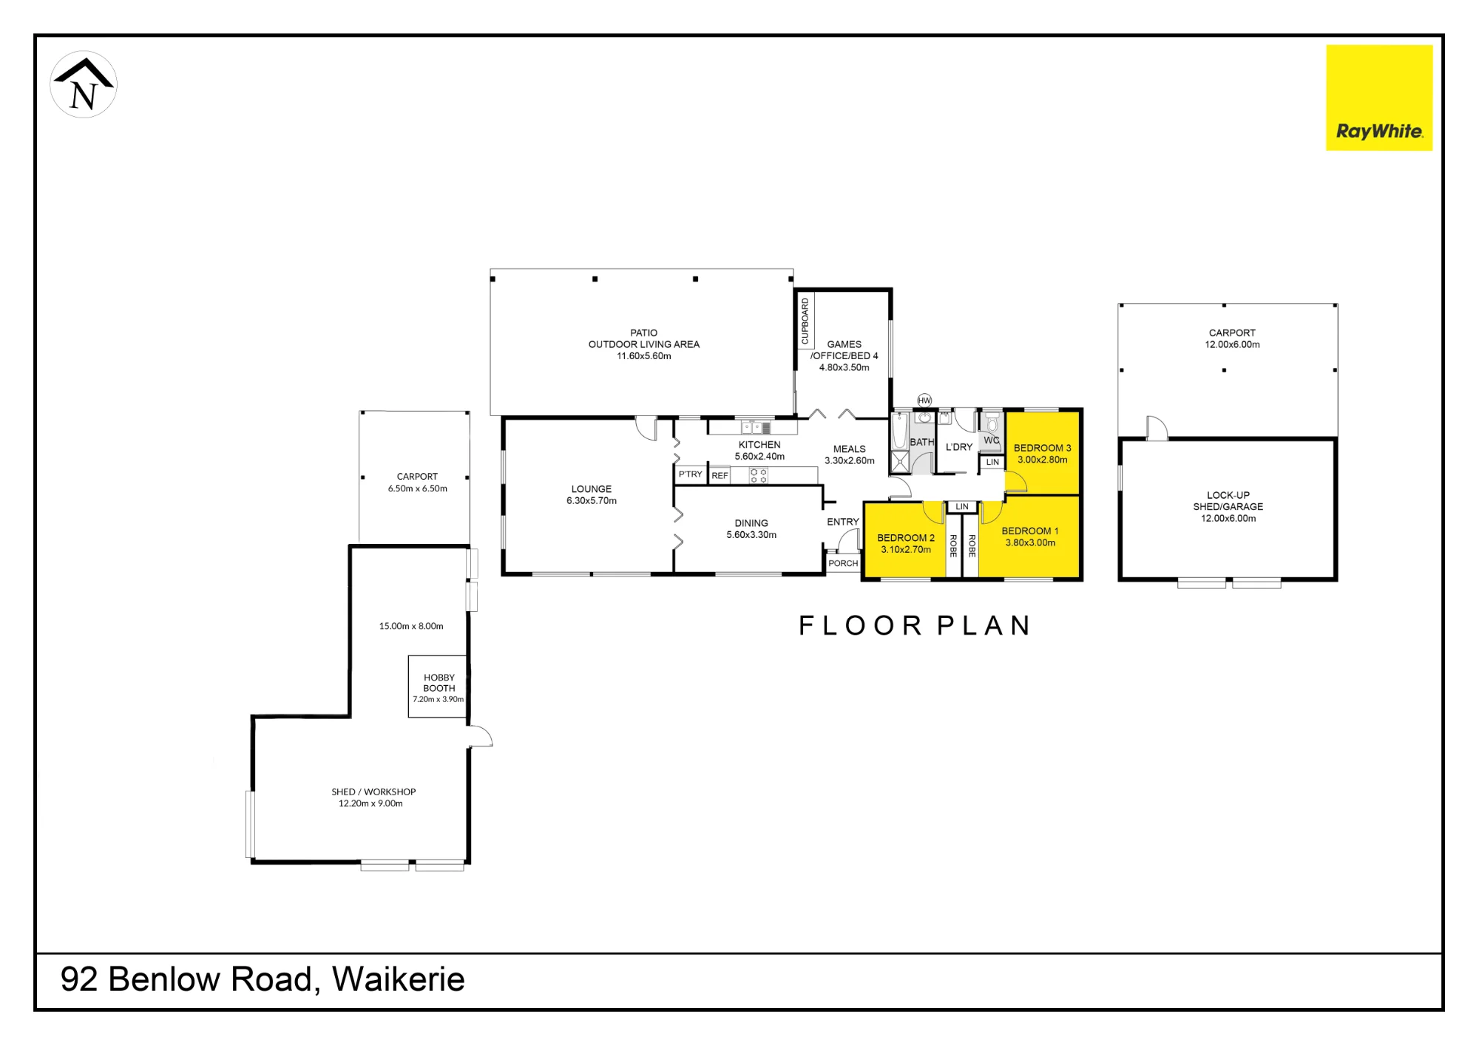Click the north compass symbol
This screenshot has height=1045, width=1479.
coord(84,84)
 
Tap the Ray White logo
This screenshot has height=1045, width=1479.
coord(1379,98)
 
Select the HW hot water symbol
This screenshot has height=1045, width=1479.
coord(924,401)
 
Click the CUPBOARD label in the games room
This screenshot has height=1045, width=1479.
coord(805,321)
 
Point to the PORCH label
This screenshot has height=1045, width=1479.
coord(843,563)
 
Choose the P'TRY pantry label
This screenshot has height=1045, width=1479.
coord(691,474)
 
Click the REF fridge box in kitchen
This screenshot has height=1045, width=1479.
coord(720,475)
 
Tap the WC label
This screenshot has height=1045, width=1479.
coord(992,440)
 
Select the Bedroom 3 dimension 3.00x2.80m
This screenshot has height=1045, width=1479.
coord(1043,460)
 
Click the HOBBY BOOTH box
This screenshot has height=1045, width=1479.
coord(438,687)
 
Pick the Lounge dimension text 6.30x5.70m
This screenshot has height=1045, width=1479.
coord(592,501)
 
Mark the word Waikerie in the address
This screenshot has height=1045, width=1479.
coord(399,979)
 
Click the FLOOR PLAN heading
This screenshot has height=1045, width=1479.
coord(915,626)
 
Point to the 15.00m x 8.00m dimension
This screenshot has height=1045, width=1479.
coord(411,626)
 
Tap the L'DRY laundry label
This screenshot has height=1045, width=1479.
coord(959,447)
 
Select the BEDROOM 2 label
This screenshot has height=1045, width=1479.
coord(906,538)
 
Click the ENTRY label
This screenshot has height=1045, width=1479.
coord(843,522)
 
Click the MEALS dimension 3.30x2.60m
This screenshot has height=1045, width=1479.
coord(850,461)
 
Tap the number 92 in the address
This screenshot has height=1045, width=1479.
coord(79,979)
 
